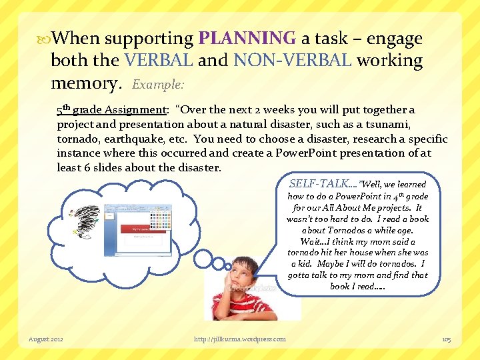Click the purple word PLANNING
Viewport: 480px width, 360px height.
point(247,39)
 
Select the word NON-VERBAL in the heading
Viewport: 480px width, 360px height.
point(293,61)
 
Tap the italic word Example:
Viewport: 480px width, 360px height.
point(159,85)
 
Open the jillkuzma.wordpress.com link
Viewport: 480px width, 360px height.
point(239,339)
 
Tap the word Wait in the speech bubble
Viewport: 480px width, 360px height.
point(311,241)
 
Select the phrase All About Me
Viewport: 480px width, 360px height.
point(350,207)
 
